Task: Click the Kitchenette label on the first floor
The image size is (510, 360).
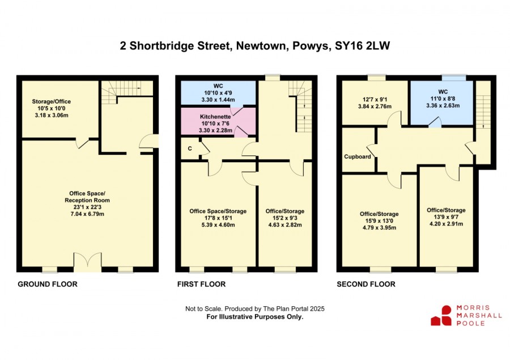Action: point(215,117)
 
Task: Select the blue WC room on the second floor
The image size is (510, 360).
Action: point(441,102)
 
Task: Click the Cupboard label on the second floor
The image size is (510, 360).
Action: point(358,156)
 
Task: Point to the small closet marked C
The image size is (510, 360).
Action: point(190,149)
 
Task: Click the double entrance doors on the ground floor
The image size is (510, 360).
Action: point(87,261)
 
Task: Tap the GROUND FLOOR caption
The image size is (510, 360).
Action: point(48,284)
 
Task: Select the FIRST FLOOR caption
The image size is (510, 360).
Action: point(201,284)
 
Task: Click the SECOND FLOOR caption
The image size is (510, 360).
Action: point(366,284)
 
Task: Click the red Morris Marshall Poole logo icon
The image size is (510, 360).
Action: point(441,315)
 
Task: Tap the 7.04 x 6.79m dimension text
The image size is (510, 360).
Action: point(87,214)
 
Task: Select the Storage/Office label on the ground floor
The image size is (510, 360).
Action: point(52,101)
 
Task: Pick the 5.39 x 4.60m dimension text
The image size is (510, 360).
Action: point(218,225)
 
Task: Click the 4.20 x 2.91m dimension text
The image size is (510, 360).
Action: point(447,223)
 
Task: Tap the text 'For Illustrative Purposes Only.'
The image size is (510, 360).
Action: point(255,317)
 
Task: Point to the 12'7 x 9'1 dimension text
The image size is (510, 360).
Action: point(375,99)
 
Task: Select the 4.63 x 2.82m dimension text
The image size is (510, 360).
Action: point(285,225)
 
